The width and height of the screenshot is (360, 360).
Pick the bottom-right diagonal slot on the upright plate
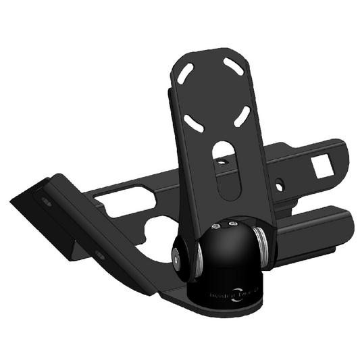click(x=242, y=116)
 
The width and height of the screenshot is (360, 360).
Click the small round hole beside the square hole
click(x=281, y=183)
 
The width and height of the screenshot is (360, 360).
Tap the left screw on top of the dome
click(x=215, y=226)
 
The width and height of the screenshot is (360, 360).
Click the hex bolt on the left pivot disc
click(x=176, y=255)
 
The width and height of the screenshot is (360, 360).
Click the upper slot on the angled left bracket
click(x=45, y=202)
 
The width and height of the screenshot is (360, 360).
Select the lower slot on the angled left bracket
click(x=99, y=254)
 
